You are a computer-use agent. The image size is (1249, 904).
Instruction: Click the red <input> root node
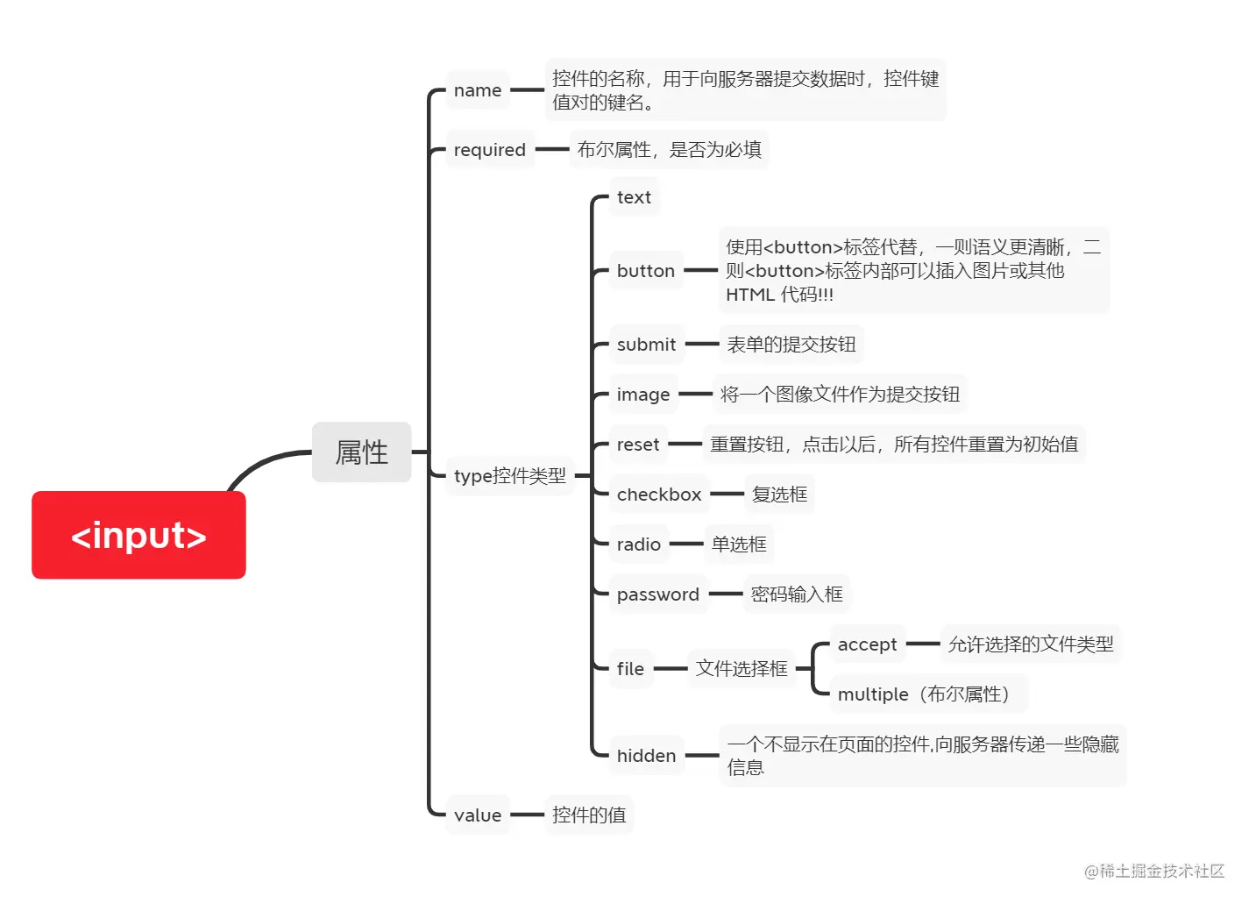(x=138, y=535)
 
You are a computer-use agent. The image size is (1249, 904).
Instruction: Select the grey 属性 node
(x=361, y=452)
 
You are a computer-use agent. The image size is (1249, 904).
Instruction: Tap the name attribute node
(x=478, y=90)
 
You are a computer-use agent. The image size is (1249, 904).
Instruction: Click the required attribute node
(x=489, y=150)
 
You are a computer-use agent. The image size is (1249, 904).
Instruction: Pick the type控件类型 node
(x=509, y=476)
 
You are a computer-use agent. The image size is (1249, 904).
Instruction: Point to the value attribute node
(x=478, y=815)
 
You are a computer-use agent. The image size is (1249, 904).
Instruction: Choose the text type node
(x=634, y=197)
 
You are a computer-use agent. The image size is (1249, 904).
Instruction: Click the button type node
(x=645, y=271)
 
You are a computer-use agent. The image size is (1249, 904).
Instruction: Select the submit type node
(x=646, y=345)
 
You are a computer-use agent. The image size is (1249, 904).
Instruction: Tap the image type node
(x=642, y=395)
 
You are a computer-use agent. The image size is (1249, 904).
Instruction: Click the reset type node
(x=637, y=445)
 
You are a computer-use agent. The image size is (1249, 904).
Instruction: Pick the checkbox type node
(x=658, y=495)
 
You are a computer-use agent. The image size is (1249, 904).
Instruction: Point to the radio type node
(x=638, y=545)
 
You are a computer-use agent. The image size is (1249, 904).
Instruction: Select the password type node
(x=657, y=594)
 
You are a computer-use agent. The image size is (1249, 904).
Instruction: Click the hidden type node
(x=646, y=756)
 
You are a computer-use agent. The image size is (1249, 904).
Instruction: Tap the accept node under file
(x=867, y=644)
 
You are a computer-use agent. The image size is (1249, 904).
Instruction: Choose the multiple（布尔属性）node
(x=926, y=694)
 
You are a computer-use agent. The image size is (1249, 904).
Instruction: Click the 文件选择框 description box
(x=742, y=669)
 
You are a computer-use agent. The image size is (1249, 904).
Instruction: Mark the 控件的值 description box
(x=589, y=815)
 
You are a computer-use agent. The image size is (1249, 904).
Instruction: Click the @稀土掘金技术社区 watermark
(x=1153, y=871)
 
